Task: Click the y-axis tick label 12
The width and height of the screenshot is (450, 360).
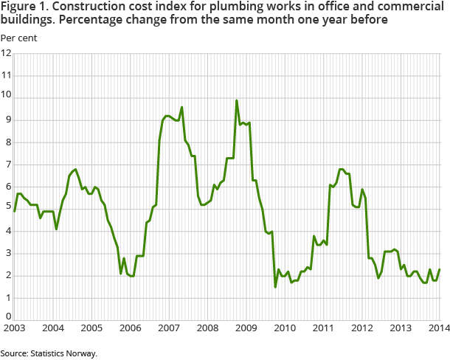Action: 7,53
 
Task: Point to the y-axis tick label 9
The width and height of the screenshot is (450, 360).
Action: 7,120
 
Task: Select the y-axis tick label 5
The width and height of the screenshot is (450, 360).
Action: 7,209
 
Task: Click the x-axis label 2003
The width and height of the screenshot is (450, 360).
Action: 15,328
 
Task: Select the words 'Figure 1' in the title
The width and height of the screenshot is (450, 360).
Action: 23,8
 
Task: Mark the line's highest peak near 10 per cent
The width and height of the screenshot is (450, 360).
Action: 236,100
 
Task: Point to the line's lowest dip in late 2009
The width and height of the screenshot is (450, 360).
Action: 275,286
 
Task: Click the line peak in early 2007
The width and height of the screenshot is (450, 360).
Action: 181,107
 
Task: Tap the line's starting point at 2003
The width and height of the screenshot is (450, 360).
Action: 15,211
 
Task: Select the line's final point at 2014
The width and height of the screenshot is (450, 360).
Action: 440,269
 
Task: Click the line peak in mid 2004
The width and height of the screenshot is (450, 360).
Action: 75,169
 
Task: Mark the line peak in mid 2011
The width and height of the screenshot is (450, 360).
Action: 340,169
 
